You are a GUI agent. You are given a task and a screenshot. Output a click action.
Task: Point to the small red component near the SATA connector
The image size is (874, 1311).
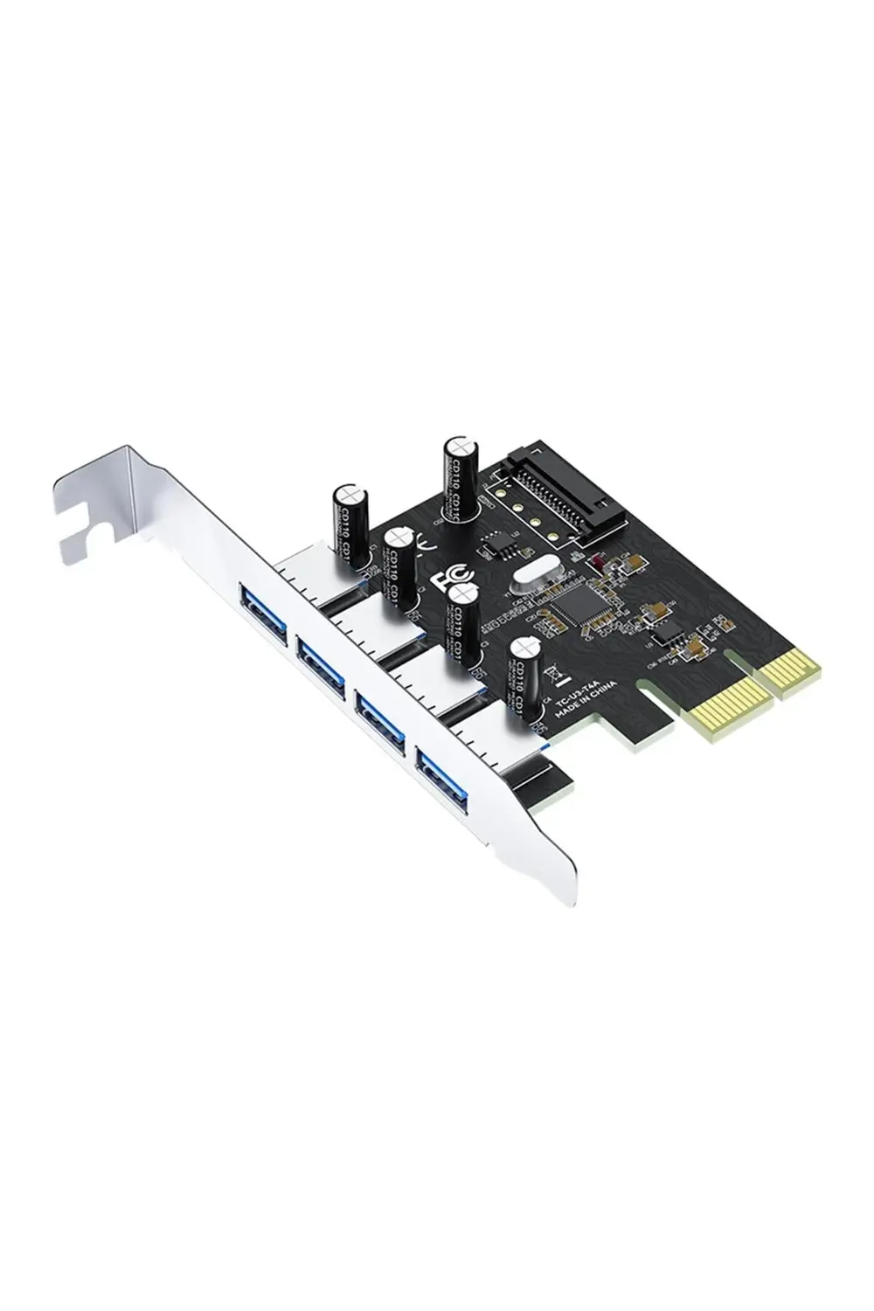click(599, 564)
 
